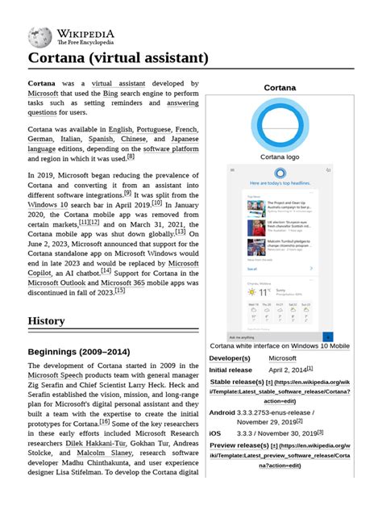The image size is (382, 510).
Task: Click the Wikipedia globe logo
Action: [x=39, y=36]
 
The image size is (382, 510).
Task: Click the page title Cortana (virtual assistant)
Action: [x=118, y=58]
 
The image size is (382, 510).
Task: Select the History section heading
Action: [x=47, y=320]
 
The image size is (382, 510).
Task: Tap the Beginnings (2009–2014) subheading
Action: [x=78, y=352]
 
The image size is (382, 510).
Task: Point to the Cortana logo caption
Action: [x=280, y=157]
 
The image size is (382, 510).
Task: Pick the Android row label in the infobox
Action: [x=222, y=412]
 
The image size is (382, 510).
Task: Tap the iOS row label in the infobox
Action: [x=215, y=433]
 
